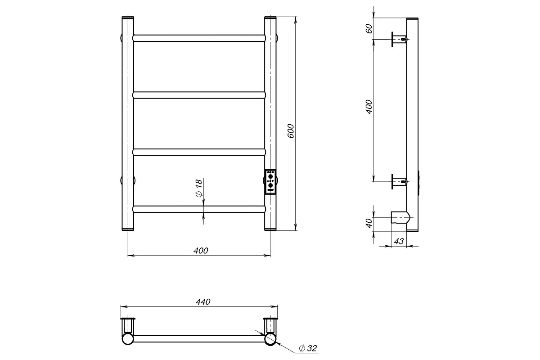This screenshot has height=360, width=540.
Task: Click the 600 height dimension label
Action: [291, 131]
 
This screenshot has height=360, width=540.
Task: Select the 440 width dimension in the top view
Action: [203, 301]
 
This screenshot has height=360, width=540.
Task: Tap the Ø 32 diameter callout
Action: [308, 348]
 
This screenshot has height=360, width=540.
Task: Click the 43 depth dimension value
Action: [399, 241]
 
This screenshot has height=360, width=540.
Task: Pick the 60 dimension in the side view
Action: [369, 29]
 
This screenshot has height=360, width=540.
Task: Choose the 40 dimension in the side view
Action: [369, 223]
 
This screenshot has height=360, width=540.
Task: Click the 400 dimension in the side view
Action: [369, 107]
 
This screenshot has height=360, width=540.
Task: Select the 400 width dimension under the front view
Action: [201, 251]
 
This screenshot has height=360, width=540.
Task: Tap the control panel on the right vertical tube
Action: [270, 182]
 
